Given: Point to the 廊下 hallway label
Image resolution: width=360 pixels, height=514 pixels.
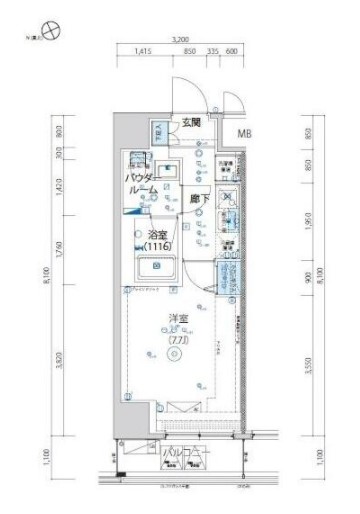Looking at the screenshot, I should (x=200, y=198).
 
